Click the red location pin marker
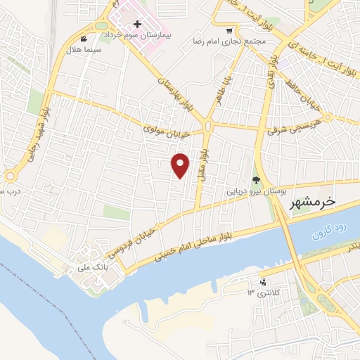[181, 165]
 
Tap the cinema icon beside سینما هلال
[85, 39]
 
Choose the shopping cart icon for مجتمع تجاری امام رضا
[229, 30]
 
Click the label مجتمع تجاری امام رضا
[230, 41]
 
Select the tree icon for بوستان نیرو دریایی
[256, 181]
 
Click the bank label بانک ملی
[93, 267]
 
